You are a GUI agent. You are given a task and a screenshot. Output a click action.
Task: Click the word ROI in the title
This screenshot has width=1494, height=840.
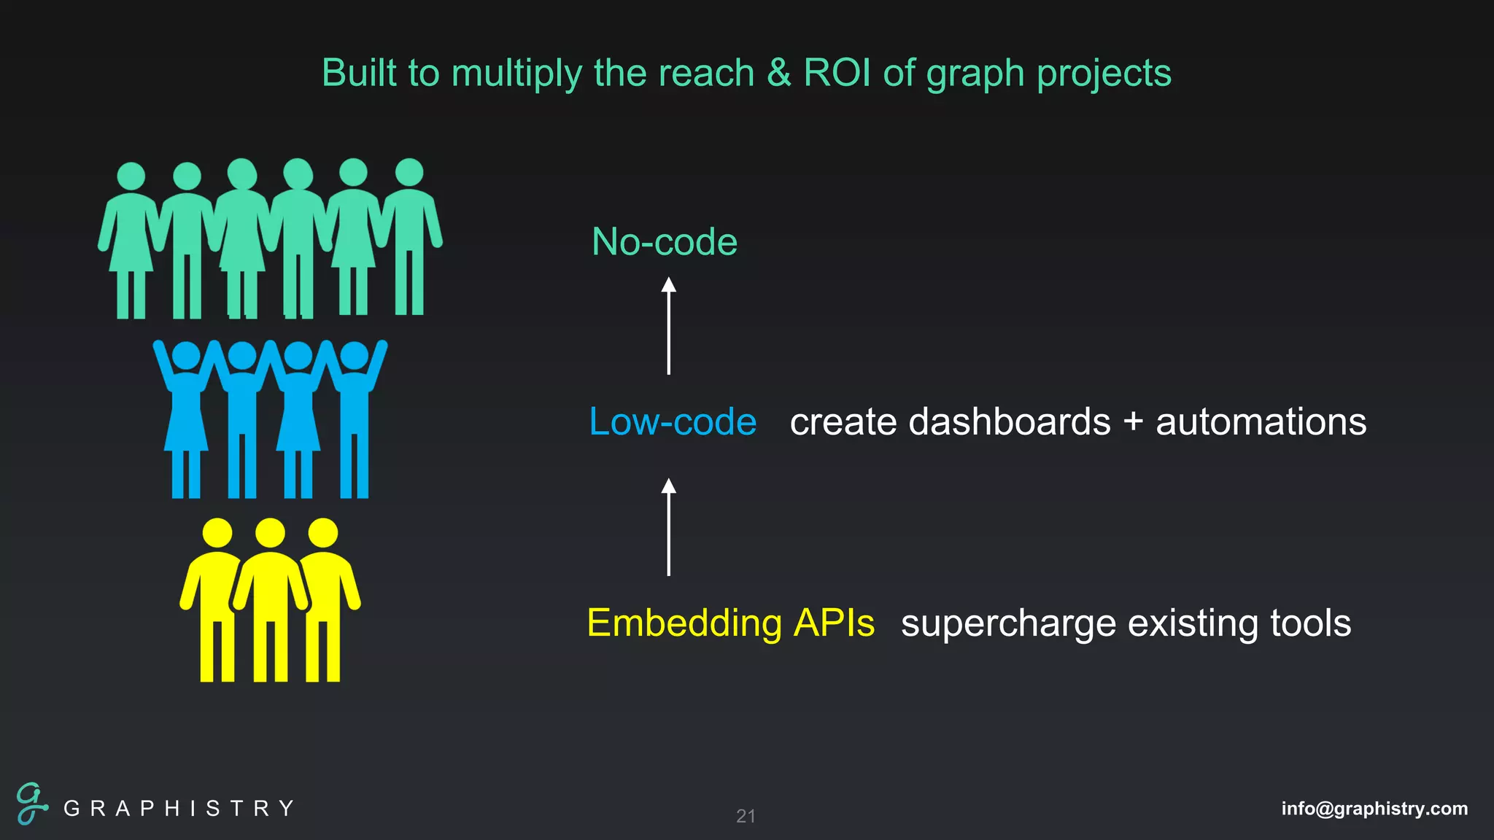click(x=837, y=73)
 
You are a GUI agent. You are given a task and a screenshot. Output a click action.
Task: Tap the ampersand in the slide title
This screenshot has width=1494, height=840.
click(x=778, y=73)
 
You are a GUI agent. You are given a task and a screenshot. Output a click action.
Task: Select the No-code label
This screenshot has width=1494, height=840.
click(x=664, y=241)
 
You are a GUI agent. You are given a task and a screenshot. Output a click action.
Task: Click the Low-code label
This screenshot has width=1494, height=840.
click(x=672, y=421)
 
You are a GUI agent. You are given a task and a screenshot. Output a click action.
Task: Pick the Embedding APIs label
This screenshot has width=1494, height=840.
click(x=730, y=623)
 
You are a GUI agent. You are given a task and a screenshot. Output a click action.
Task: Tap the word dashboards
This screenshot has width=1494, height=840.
click(x=1010, y=421)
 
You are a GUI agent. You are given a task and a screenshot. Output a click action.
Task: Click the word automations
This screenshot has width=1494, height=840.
click(x=1261, y=421)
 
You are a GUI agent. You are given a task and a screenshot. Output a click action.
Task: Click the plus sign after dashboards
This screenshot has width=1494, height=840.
click(x=1133, y=423)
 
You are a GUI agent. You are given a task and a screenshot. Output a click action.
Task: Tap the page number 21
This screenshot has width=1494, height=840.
click(x=746, y=816)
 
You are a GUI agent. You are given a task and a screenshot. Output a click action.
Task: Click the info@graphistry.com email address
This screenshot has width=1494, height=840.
click(x=1374, y=808)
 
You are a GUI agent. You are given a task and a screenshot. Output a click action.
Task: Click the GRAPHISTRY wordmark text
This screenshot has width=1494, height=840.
click(x=179, y=808)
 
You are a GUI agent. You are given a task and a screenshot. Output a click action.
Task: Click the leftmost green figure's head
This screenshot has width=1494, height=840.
click(x=131, y=176)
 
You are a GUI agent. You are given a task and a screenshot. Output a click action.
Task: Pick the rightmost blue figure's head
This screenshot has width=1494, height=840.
click(x=355, y=355)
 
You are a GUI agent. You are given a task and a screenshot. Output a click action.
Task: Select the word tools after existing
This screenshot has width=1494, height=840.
click(x=1310, y=623)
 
